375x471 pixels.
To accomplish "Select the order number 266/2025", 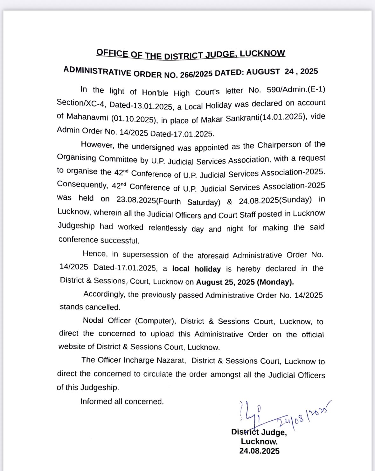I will point(196,74).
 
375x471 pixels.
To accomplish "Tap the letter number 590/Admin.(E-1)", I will point(296,90).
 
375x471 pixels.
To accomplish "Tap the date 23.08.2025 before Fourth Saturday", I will point(136,200).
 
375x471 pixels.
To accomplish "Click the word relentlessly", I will point(168,228).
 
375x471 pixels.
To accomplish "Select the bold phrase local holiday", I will point(196,269).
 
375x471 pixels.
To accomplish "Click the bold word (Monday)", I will point(275,282).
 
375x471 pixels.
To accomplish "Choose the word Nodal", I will point(93,321).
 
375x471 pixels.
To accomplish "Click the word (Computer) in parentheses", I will point(156,321).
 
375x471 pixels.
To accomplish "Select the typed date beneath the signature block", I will point(259,451).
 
